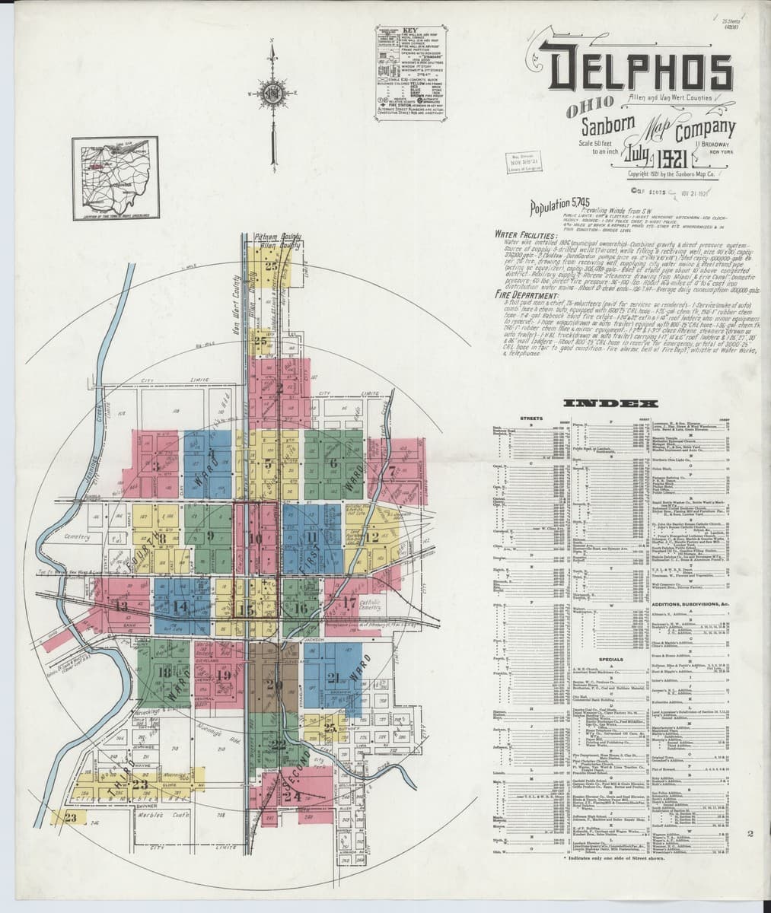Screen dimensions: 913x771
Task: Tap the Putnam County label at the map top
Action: pyautogui.click(x=269, y=241)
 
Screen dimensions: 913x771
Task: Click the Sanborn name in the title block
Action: pyautogui.click(x=605, y=126)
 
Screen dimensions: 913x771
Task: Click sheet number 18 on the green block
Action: pyautogui.click(x=164, y=672)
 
